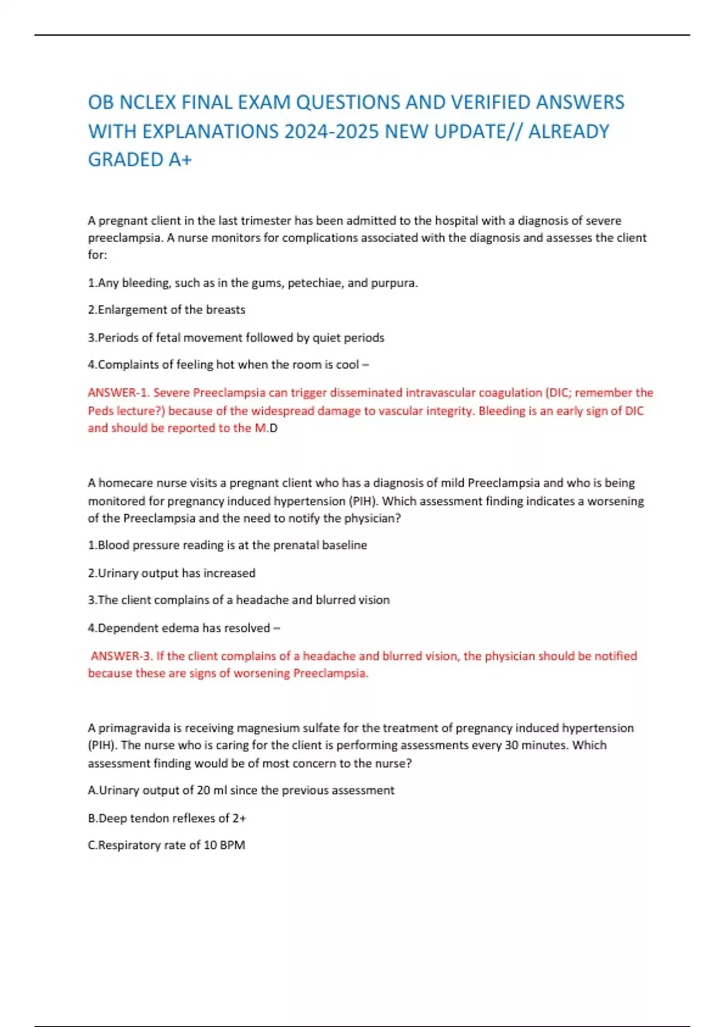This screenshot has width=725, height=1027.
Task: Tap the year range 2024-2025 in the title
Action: (330, 131)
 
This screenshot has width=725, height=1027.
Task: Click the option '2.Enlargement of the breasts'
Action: (166, 310)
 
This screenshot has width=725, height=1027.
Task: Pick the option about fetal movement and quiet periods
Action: (236, 338)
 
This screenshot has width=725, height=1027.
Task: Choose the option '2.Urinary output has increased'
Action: (172, 573)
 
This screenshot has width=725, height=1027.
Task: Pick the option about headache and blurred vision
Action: (239, 600)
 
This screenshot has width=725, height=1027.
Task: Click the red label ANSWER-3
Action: (121, 656)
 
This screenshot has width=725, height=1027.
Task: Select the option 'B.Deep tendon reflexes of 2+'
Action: (167, 818)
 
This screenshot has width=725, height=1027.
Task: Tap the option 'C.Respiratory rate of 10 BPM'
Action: (166, 845)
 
